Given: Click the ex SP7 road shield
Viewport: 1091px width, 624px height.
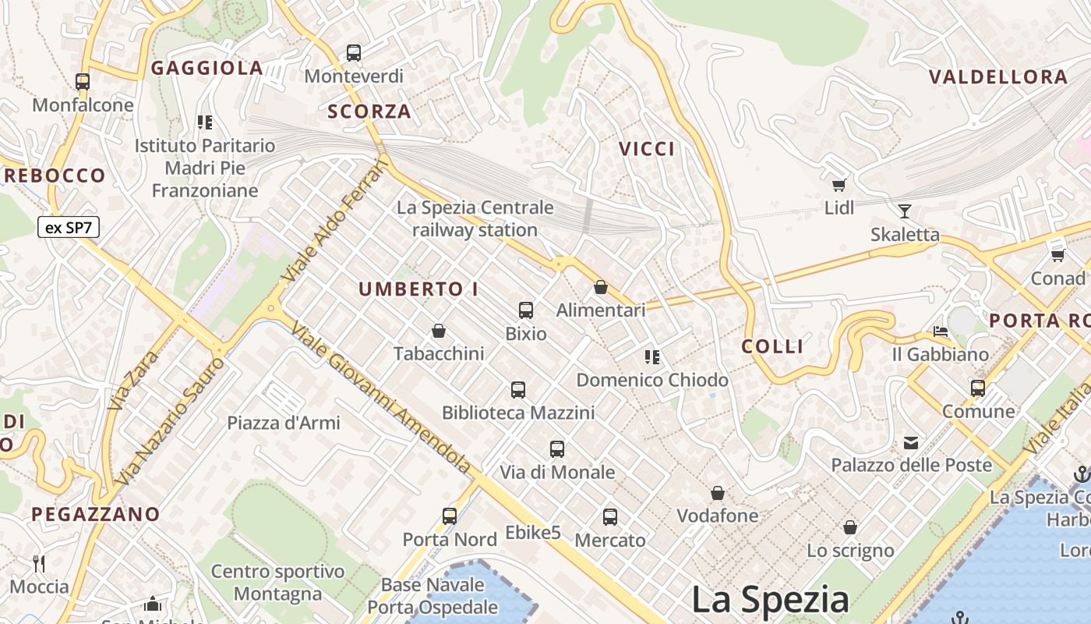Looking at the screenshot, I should tap(69, 228).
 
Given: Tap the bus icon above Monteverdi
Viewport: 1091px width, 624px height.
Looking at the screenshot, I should tap(354, 53).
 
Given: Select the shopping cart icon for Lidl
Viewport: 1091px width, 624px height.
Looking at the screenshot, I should tap(839, 185).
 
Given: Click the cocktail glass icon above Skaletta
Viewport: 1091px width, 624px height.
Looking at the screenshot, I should tap(904, 211).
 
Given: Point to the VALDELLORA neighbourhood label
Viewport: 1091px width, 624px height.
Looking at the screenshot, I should tap(998, 77).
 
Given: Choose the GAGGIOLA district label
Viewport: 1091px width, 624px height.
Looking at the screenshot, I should tap(207, 69).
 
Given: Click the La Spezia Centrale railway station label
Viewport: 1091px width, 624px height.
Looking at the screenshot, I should tap(475, 219).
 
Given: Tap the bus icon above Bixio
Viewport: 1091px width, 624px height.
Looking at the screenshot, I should tap(526, 310).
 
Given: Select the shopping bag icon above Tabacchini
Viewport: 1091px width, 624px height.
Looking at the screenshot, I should tap(439, 331).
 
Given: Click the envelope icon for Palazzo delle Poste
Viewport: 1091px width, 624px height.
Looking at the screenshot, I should tap(911, 443).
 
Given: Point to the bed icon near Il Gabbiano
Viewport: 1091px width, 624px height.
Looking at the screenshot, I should tap(941, 331).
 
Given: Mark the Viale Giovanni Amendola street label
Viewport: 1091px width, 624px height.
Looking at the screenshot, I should tap(381, 398).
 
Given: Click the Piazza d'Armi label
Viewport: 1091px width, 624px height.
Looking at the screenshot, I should tap(284, 423).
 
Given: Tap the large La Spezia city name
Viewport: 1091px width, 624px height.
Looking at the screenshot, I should tap(770, 599).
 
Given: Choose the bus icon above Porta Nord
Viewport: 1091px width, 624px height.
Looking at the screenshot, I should tap(450, 516).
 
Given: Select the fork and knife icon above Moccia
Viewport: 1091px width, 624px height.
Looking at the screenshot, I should tap(39, 563).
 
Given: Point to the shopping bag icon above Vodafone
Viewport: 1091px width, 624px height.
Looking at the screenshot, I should tap(717, 493).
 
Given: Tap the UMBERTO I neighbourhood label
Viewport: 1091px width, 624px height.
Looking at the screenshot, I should tap(418, 289).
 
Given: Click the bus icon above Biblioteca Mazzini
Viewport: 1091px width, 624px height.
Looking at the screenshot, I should tap(518, 390).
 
